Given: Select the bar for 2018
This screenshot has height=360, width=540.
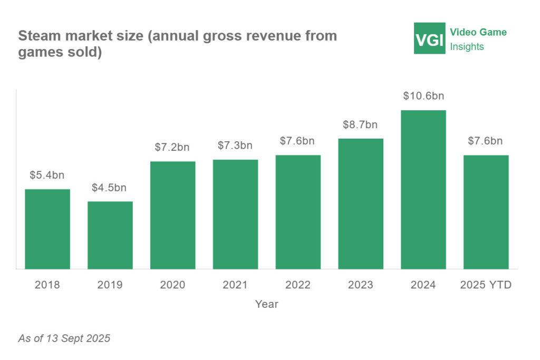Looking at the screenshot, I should (x=47, y=229).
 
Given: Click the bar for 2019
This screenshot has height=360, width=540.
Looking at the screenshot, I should (x=110, y=235).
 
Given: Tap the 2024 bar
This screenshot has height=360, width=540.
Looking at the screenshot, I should (x=423, y=190).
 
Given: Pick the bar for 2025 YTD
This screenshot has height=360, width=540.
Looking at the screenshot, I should (x=486, y=212).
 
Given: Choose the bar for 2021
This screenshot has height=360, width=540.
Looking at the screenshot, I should (x=235, y=214).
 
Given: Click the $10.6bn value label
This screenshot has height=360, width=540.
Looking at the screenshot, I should (x=423, y=96).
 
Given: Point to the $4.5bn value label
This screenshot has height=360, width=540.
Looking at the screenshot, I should (x=109, y=188).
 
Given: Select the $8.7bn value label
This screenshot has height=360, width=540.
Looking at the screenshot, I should (x=360, y=125).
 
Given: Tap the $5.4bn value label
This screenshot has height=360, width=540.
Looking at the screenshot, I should (x=47, y=176).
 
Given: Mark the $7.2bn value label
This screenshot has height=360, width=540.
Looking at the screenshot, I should (x=172, y=148).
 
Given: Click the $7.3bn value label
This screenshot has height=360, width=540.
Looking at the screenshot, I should (x=235, y=145).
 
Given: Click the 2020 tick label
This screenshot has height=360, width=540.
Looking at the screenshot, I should (x=172, y=285).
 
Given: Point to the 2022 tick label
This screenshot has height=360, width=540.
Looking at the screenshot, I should (x=298, y=285).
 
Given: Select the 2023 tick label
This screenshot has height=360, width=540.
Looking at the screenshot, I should (x=360, y=285).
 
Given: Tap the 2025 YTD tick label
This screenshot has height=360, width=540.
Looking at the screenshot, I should (x=486, y=285).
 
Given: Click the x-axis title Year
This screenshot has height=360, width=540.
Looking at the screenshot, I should (x=267, y=304).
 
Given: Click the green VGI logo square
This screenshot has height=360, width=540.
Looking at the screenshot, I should (x=430, y=38).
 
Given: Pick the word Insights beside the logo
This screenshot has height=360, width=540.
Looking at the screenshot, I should (x=467, y=46).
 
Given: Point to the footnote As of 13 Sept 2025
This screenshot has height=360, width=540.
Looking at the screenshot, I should (x=64, y=338).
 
